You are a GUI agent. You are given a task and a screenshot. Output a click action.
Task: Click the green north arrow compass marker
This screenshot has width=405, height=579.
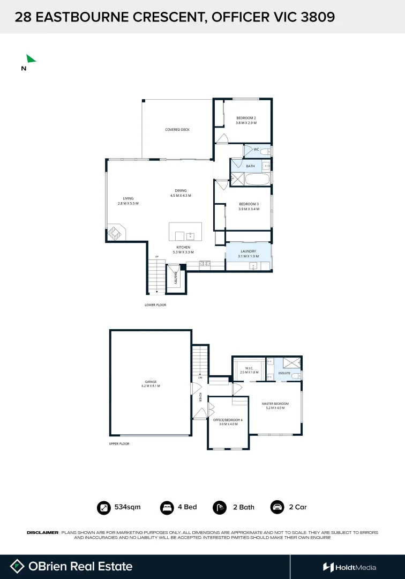[31, 59]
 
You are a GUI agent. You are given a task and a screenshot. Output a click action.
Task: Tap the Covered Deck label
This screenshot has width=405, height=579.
[177, 130]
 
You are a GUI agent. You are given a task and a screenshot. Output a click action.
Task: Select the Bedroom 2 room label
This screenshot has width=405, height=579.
[246, 118]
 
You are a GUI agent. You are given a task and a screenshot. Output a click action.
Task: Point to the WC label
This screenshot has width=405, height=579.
[256, 149]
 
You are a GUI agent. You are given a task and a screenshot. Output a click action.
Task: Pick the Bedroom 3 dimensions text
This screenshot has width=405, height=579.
[249, 209]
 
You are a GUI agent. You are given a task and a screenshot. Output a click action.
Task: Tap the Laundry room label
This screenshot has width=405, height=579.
[247, 251]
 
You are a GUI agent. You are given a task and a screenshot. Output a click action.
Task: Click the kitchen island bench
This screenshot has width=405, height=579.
[185, 232]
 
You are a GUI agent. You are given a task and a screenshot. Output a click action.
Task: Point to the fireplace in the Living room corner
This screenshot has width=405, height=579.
[116, 233]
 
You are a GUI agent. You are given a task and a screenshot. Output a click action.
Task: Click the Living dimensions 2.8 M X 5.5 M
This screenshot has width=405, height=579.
[128, 204]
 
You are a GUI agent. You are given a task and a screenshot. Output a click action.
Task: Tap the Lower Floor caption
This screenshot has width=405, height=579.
[155, 305]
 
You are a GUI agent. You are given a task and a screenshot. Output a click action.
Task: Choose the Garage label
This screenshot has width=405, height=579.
[150, 381]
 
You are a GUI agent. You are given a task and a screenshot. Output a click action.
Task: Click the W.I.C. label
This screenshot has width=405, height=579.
[249, 368]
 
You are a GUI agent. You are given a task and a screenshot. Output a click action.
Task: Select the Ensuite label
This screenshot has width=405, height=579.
[284, 373]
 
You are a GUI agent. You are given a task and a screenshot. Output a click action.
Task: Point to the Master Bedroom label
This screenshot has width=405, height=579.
[275, 403]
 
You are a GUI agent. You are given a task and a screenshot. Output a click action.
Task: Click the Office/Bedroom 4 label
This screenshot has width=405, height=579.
[228, 420]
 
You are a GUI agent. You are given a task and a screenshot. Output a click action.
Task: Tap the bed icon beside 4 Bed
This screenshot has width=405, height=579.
[167, 507]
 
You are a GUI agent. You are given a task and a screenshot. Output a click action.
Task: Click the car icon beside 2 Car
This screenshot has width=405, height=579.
[277, 507]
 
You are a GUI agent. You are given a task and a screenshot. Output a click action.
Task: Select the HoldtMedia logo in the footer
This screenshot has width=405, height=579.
[349, 567]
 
